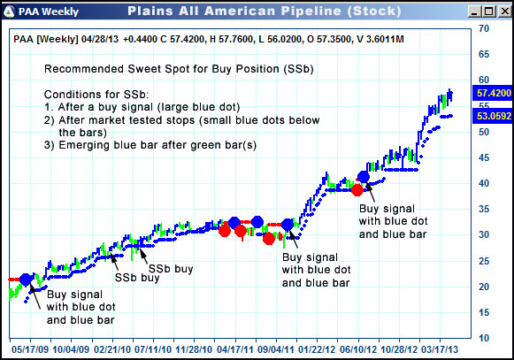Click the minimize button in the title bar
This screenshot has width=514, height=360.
tap(471, 11)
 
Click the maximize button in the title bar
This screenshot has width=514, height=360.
tap(486, 11)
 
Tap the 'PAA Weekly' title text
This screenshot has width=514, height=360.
tap(54, 11)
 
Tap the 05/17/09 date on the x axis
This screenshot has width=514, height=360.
tap(29, 349)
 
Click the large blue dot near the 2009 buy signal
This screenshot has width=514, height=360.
tap(27, 280)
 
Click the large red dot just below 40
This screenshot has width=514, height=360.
tap(357, 189)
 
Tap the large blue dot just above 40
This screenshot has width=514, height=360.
tap(364, 177)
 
